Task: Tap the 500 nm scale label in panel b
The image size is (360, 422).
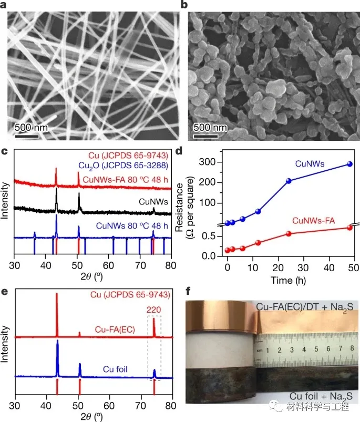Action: coord(210,128)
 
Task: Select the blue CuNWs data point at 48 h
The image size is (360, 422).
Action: coord(349,164)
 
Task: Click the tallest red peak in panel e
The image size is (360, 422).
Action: coord(57,295)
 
